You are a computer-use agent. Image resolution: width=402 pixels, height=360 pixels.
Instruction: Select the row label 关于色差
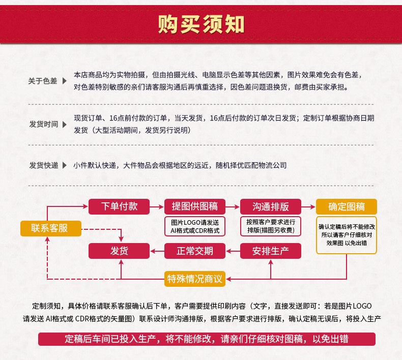click(43, 81)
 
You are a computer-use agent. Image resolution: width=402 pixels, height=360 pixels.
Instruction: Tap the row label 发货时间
click(43, 124)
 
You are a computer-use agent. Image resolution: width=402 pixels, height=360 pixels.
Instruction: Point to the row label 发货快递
click(43, 165)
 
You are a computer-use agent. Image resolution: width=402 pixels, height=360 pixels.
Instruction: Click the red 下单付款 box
click(119, 206)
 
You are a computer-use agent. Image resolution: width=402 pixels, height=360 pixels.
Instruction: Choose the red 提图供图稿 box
click(195, 206)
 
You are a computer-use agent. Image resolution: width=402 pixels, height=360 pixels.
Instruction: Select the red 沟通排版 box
click(271, 206)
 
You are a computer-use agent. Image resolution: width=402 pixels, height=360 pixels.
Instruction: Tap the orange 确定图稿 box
click(347, 206)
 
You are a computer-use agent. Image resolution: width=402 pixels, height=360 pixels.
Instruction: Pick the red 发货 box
click(119, 251)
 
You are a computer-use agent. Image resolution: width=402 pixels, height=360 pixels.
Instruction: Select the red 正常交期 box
click(195, 251)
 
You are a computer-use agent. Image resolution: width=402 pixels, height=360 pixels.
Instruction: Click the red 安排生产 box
click(271, 251)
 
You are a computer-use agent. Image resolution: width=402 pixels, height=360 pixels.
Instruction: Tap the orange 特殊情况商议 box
click(195, 278)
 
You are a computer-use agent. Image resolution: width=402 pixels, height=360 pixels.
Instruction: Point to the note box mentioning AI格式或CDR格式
click(195, 226)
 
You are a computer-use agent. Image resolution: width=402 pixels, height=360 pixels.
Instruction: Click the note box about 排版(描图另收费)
click(271, 226)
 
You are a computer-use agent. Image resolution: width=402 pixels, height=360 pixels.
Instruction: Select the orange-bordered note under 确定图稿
click(347, 234)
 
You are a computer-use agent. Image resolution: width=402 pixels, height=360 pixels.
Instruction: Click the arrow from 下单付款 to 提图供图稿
click(157, 206)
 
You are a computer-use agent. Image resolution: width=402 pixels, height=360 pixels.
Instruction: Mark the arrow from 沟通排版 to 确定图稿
click(308, 206)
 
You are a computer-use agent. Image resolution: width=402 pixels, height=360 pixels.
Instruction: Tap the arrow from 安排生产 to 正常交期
click(233, 251)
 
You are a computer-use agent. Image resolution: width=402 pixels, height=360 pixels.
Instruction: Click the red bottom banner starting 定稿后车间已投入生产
click(207, 339)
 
